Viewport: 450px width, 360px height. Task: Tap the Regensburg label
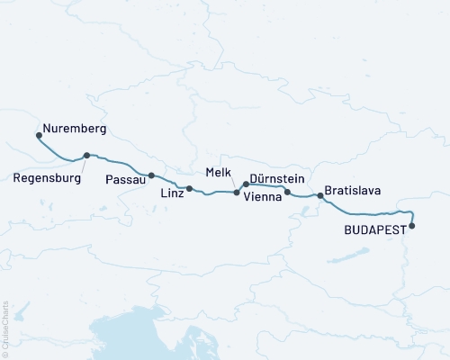pyautogui.click(x=48, y=178)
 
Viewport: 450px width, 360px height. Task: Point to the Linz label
pyautogui.click(x=173, y=193)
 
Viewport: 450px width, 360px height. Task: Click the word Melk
pyautogui.click(x=219, y=171)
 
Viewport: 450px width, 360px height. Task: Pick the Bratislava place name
pyautogui.click(x=354, y=191)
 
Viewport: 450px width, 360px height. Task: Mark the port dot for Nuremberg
pyautogui.click(x=39, y=136)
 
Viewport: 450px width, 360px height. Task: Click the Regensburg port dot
pyautogui.click(x=86, y=156)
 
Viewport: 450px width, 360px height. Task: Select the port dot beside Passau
pyautogui.click(x=151, y=175)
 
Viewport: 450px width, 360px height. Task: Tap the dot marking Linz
pyautogui.click(x=190, y=189)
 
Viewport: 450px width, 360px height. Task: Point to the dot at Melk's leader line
pyautogui.click(x=237, y=192)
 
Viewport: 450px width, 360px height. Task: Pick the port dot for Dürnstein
pyautogui.click(x=246, y=184)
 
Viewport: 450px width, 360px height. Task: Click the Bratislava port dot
pyautogui.click(x=319, y=195)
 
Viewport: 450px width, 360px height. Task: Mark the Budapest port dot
pyautogui.click(x=412, y=226)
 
